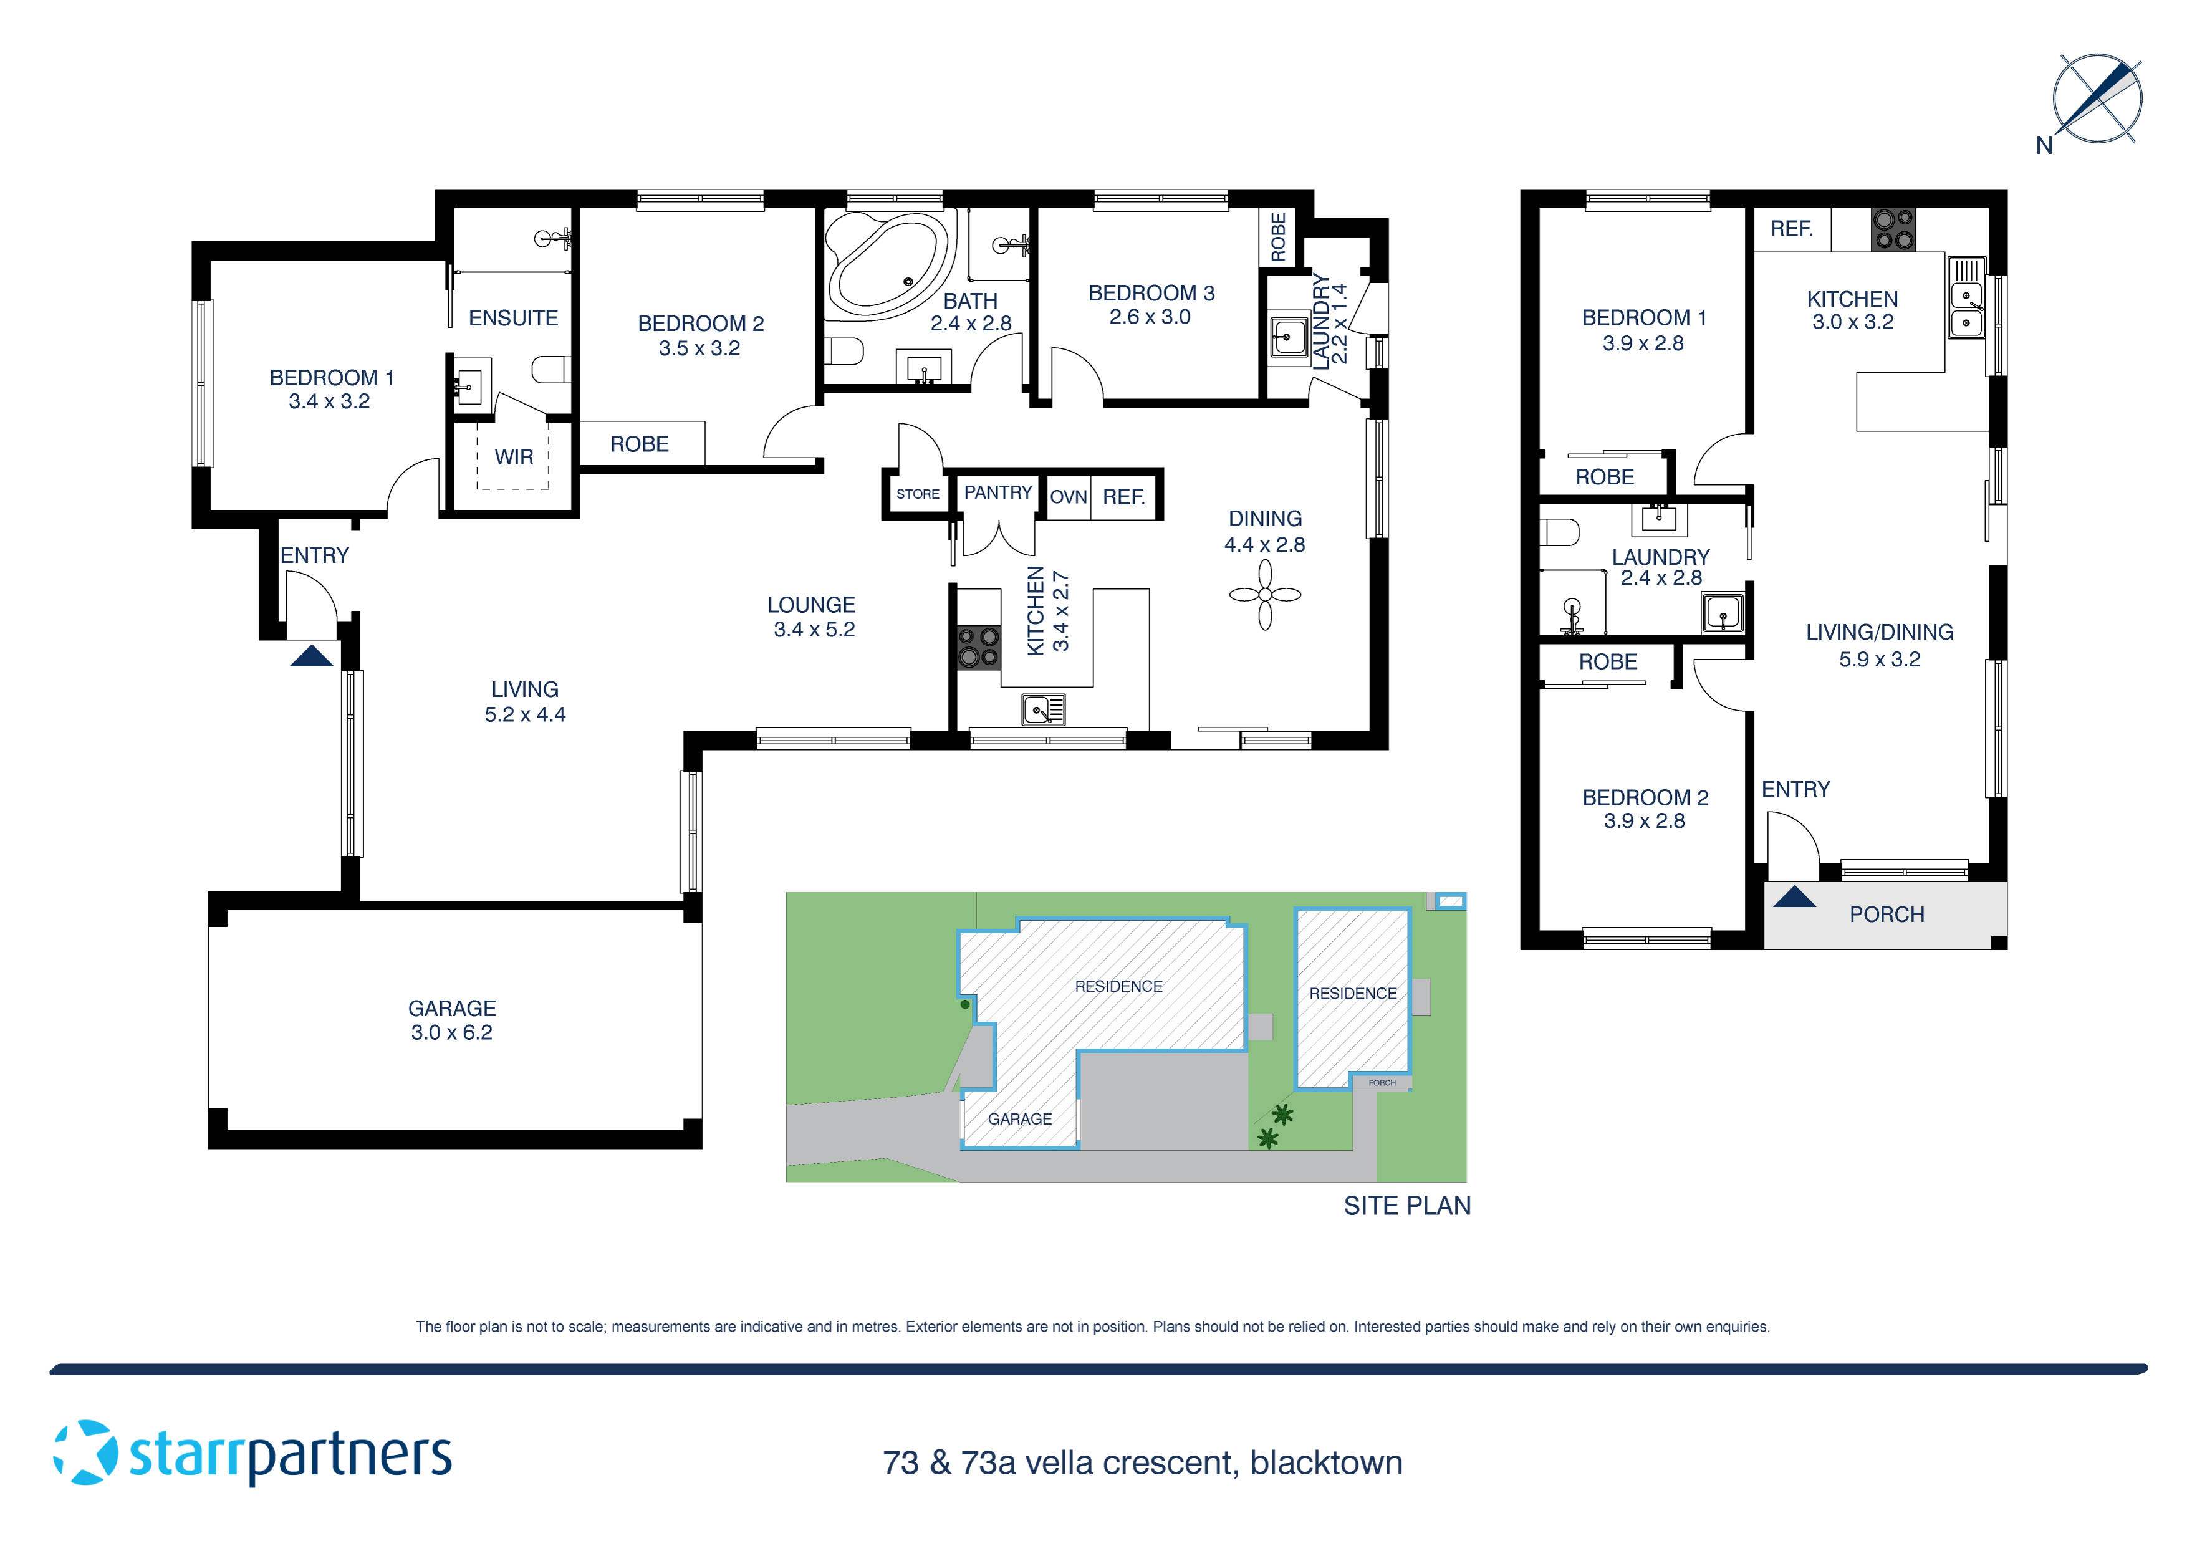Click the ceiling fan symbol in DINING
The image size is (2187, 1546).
(x=1265, y=594)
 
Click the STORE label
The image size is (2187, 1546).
(x=917, y=494)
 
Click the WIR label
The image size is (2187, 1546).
(x=514, y=457)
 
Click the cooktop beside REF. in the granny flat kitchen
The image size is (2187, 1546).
(x=1893, y=229)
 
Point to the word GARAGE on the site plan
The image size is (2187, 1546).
(x=1019, y=1118)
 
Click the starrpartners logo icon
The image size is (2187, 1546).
(x=86, y=1452)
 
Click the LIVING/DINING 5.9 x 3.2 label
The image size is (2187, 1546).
(x=1878, y=645)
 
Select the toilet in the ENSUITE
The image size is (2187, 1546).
(x=552, y=368)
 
